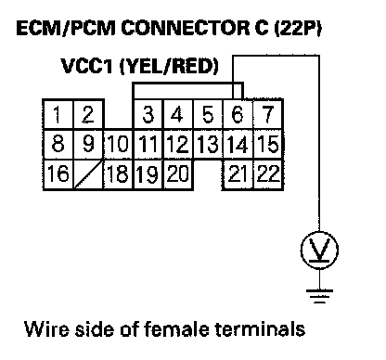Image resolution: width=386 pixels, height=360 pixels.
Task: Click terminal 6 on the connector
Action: tap(238, 114)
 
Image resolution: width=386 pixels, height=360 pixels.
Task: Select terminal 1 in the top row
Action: tap(58, 114)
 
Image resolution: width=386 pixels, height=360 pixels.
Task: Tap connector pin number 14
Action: tap(238, 144)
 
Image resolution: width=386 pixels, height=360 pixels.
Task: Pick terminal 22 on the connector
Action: tap(268, 174)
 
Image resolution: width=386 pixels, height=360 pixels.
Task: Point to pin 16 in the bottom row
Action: tap(58, 174)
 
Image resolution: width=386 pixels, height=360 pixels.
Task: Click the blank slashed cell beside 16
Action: tap(88, 174)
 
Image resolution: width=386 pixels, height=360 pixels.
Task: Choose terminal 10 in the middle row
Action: tap(118, 144)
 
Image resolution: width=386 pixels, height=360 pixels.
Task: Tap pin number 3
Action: tap(148, 114)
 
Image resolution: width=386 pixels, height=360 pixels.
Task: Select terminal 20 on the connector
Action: tap(178, 174)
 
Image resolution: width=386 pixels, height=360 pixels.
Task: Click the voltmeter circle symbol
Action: tap(319, 250)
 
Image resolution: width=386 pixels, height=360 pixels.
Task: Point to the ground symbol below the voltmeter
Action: tap(319, 296)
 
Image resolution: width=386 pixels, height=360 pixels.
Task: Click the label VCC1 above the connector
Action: tap(87, 66)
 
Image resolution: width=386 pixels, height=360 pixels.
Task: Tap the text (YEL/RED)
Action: tap(169, 66)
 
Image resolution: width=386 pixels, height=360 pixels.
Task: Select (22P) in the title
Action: tap(298, 29)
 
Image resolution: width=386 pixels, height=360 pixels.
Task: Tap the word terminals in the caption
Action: tap(260, 328)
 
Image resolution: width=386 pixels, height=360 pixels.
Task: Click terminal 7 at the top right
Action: tap(268, 114)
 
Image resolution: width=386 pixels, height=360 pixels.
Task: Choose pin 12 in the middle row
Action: tap(178, 144)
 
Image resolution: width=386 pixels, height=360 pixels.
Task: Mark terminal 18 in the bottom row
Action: tap(118, 174)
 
